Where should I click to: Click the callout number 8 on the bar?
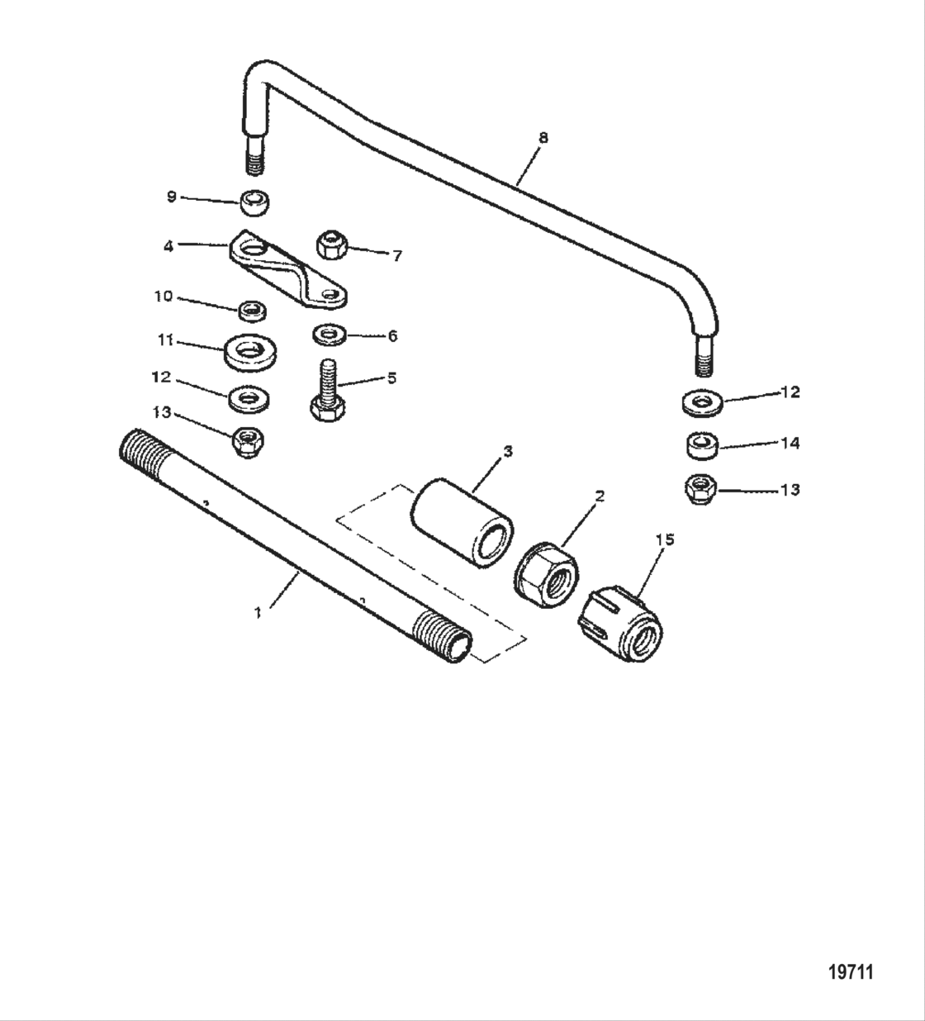point(543,138)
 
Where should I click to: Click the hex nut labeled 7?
point(331,245)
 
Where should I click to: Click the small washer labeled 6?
point(330,335)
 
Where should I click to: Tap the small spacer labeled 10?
point(253,311)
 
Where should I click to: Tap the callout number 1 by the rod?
point(259,612)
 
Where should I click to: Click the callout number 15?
point(665,539)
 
